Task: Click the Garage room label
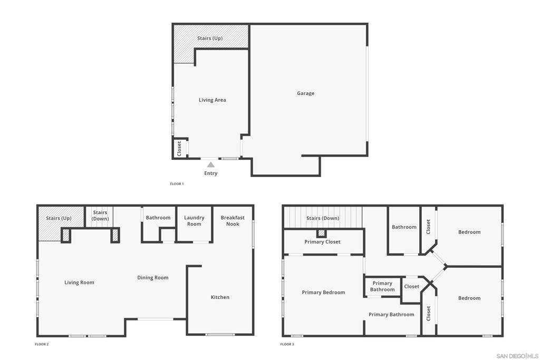pyautogui.click(x=305, y=93)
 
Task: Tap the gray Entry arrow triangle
pyautogui.click(x=211, y=165)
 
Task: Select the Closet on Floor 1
pyautogui.click(x=180, y=148)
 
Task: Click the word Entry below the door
pyautogui.click(x=211, y=173)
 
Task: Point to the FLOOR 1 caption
pyautogui.click(x=177, y=184)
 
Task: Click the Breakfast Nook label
pyautogui.click(x=233, y=221)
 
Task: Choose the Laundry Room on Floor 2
pyautogui.click(x=194, y=223)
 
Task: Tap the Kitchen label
pyautogui.click(x=220, y=297)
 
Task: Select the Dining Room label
pyautogui.click(x=153, y=278)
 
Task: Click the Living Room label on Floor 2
pyautogui.click(x=79, y=283)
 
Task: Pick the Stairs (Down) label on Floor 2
pyautogui.click(x=100, y=216)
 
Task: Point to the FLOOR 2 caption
pyautogui.click(x=42, y=344)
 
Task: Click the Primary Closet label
pyautogui.click(x=322, y=242)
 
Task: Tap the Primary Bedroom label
pyautogui.click(x=323, y=293)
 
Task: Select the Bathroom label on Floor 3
pyautogui.click(x=404, y=227)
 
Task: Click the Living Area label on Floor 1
pyautogui.click(x=213, y=100)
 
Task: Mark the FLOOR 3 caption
pyautogui.click(x=287, y=344)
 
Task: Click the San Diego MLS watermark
pyautogui.click(x=517, y=356)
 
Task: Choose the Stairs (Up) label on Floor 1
pyautogui.click(x=210, y=38)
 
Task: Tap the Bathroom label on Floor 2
pyautogui.click(x=158, y=218)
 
